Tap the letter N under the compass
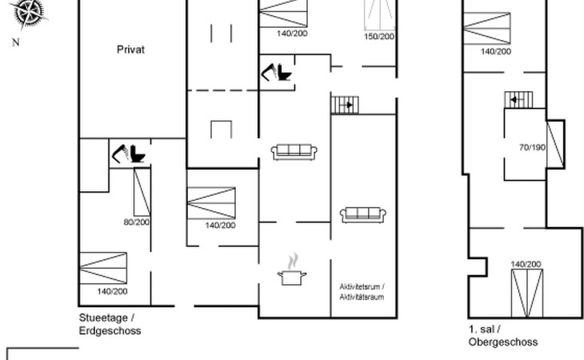pyautogui.click(x=16, y=42)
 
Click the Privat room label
pyautogui.click(x=130, y=50)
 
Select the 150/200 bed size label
pyautogui.click(x=379, y=37)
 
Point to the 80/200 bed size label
pyautogui.click(x=137, y=222)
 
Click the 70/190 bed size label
pyautogui.click(x=532, y=147)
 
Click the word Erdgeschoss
pyautogui.click(x=110, y=330)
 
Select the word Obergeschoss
pyautogui.click(x=503, y=342)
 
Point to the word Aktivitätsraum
pyautogui.click(x=362, y=297)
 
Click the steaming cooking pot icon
pyautogui.click(x=292, y=269)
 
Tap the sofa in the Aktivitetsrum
pyautogui.click(x=362, y=215)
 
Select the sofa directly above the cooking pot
pyautogui.click(x=294, y=152)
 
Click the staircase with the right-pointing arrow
pyautogui.click(x=345, y=105)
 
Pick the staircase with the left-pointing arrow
pyautogui.click(x=518, y=100)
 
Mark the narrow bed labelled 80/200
pyautogui.click(x=142, y=192)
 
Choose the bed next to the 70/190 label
pyautogui.click(x=555, y=145)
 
